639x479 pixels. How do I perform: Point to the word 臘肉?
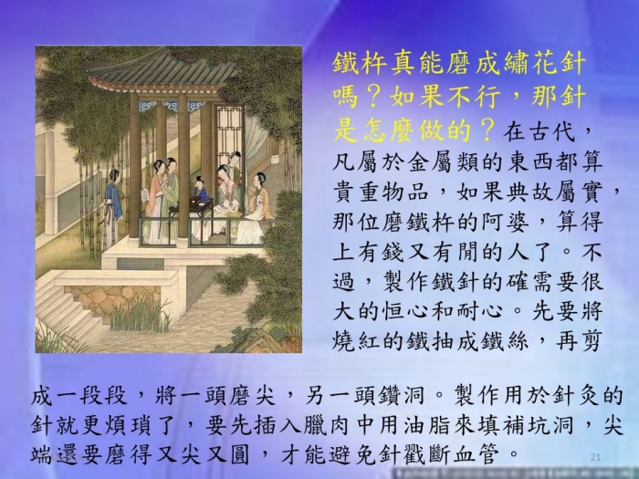click(x=328, y=426)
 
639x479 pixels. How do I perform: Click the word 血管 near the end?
click(x=480, y=455)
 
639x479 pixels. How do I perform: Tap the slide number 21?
click(x=595, y=457)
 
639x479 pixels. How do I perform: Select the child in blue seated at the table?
click(x=201, y=190)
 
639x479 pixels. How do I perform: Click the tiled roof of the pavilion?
click(x=163, y=69)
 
